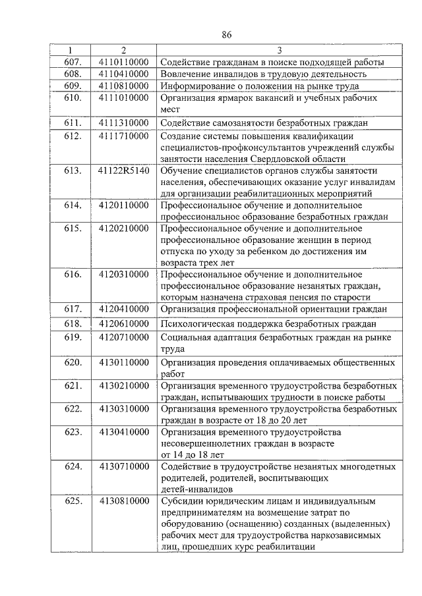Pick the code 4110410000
coord(123,74)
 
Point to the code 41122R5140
coord(123,171)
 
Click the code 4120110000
coord(123,206)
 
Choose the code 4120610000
coord(123,324)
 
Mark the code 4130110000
coord(123,362)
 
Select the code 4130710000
coord(123,466)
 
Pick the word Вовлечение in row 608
coord(187,74)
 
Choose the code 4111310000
coord(123,122)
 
